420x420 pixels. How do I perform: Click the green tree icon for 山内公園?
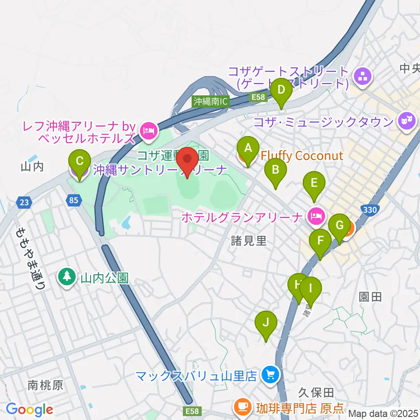click(x=66, y=277)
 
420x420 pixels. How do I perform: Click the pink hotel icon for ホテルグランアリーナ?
click(x=316, y=215)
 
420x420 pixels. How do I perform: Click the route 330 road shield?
click(x=370, y=210)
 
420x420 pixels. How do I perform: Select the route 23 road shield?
click(x=24, y=202)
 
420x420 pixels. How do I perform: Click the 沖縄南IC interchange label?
click(x=211, y=101)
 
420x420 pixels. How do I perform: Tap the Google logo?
click(x=29, y=409)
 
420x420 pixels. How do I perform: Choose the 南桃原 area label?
click(x=45, y=385)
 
